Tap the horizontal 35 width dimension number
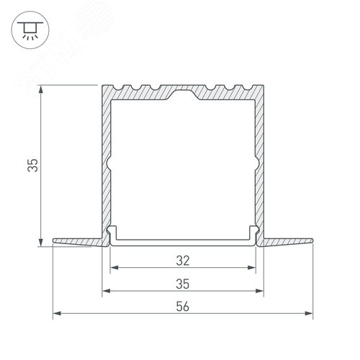coord(184,283)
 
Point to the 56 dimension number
coord(184,306)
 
